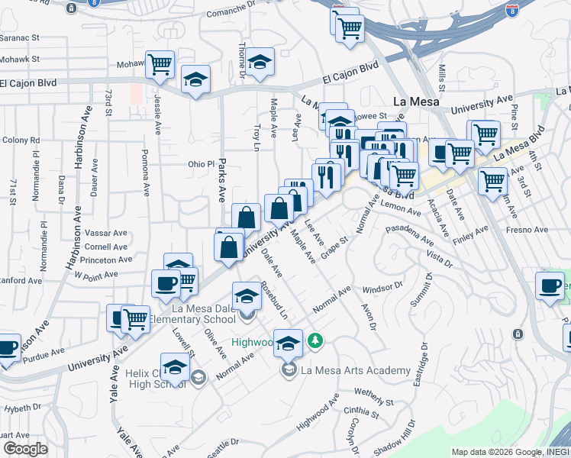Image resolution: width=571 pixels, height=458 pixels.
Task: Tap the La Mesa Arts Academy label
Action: [x=356, y=371]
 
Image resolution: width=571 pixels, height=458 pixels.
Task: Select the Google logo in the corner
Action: [x=25, y=449]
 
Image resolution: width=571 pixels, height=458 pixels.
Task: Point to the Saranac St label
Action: [x=19, y=37]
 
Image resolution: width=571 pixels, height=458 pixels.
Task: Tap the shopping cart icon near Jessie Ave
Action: [x=160, y=64]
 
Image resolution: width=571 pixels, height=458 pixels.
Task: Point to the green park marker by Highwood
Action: [x=314, y=340]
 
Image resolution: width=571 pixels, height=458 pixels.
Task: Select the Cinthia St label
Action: [x=362, y=413]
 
